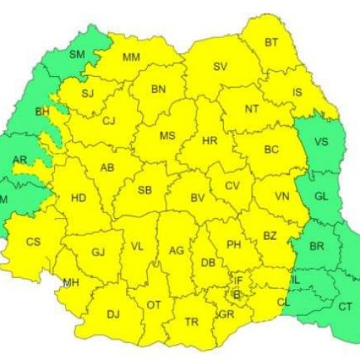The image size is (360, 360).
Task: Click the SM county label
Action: [x=76, y=54]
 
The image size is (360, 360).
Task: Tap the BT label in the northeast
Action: [x=271, y=42]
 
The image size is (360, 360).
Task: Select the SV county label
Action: [x=220, y=66]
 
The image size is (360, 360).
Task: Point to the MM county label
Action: [x=131, y=58]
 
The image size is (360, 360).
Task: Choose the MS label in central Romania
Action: [x=167, y=135]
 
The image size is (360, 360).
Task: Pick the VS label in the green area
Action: [x=320, y=142]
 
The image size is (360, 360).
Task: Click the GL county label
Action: [x=323, y=195]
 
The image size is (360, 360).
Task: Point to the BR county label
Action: [x=315, y=246]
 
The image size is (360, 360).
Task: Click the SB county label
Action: [x=145, y=190]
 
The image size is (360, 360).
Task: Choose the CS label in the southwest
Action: [x=33, y=242]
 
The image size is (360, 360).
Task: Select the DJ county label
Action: [x=113, y=314]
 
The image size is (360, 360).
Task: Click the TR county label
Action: [x=192, y=322]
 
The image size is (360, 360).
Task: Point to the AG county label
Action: [x=176, y=251]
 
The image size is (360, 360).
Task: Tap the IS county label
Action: [x=297, y=92]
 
